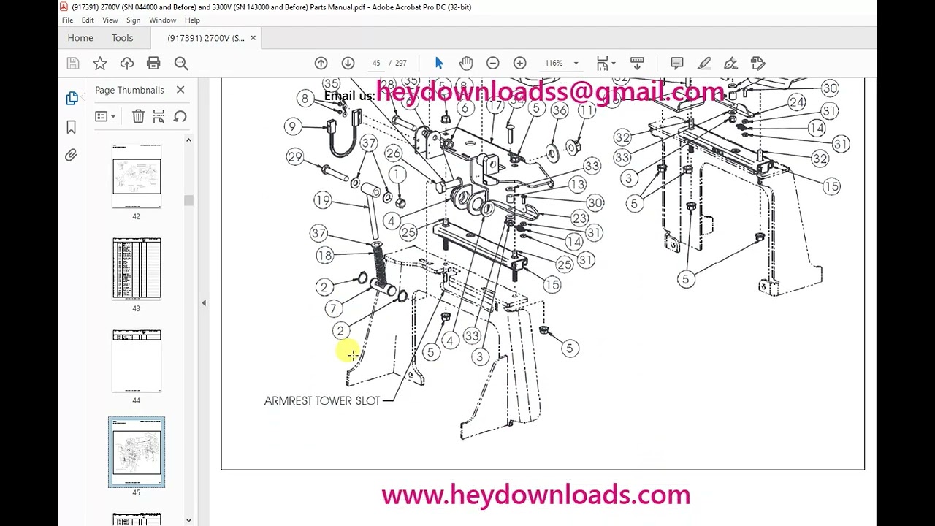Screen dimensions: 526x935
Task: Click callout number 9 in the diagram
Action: (292, 126)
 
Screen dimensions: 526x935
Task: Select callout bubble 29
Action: (295, 156)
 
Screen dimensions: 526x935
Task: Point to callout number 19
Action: (323, 199)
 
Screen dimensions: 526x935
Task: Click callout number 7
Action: (333, 308)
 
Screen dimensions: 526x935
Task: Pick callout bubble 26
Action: (394, 153)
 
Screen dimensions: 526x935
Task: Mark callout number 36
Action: (560, 110)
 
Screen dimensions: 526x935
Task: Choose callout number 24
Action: (796, 102)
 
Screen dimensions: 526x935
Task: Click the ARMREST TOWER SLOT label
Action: (322, 400)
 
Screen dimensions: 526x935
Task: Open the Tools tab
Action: (122, 38)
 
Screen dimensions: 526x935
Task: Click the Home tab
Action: (80, 38)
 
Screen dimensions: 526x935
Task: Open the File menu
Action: (67, 20)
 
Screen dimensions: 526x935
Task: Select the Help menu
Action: (192, 20)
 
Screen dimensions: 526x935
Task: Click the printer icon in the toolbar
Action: (153, 64)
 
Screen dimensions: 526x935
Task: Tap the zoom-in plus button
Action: (519, 64)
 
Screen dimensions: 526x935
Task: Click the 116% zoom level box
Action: (554, 64)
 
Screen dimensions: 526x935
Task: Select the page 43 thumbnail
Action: (137, 268)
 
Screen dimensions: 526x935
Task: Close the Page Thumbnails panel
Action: (180, 90)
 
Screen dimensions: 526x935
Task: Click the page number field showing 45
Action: (376, 64)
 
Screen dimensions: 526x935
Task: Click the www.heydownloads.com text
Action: (535, 495)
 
